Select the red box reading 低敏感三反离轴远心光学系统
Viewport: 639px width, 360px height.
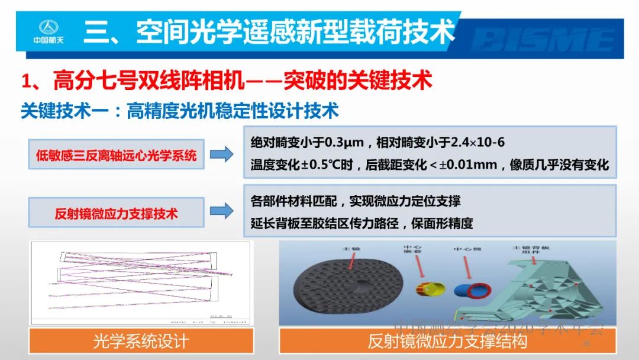coord(116,156)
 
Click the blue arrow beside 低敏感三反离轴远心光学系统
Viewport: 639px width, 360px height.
coord(221,155)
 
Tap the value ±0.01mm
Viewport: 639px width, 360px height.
coord(467,165)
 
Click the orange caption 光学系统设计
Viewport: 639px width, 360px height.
coord(141,341)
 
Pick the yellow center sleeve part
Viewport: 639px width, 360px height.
coord(431,290)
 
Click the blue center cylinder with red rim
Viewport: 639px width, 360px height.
coord(471,290)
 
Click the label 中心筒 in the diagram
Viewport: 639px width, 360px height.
coord(467,249)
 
